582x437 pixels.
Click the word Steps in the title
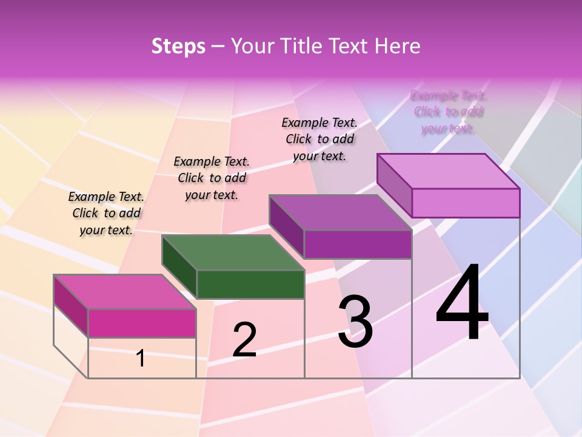(x=178, y=46)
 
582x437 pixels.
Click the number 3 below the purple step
(x=355, y=321)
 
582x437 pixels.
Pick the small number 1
(x=141, y=358)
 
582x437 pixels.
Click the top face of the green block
(x=233, y=252)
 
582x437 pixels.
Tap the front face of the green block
(x=250, y=284)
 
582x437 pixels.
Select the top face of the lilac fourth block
(x=449, y=171)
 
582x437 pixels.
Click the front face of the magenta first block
(x=142, y=323)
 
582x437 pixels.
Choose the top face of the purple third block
(x=341, y=212)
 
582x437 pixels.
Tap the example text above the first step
(x=106, y=213)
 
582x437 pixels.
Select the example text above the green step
(x=212, y=178)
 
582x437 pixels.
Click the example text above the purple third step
(x=319, y=139)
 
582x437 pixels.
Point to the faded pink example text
(x=449, y=112)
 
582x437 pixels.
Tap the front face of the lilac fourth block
(x=466, y=203)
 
